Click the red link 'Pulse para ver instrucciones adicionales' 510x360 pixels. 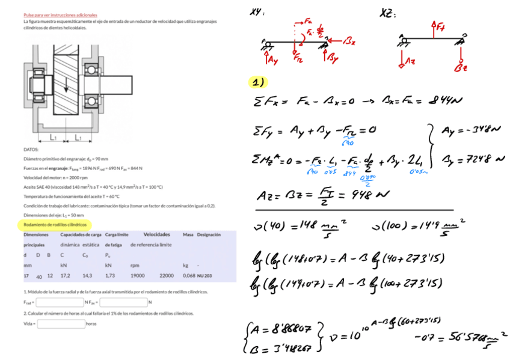60,14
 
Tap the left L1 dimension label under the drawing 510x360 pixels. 54,138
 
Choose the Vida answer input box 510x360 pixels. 61,323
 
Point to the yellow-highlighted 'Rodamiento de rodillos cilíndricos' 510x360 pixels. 55,225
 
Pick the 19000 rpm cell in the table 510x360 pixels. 138,275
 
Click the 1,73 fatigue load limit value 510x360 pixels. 109,275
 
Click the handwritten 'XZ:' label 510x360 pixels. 388,13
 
